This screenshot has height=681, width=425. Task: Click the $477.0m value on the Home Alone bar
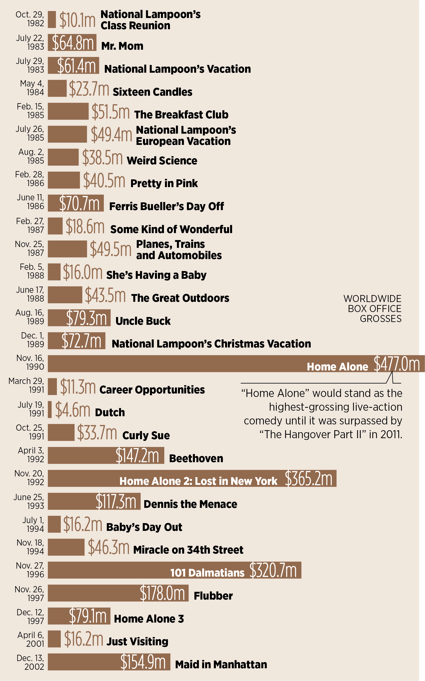pyautogui.click(x=396, y=364)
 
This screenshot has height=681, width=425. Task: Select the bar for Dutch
pyautogui.click(x=50, y=409)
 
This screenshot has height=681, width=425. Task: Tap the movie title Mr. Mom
pyautogui.click(x=122, y=46)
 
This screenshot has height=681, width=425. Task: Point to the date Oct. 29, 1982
pyautogui.click(x=30, y=18)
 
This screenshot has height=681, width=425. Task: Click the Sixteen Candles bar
pyautogui.click(x=57, y=88)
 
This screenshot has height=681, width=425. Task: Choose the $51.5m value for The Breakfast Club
pyautogui.click(x=111, y=112)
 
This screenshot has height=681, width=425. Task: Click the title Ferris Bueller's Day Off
pyautogui.click(x=166, y=206)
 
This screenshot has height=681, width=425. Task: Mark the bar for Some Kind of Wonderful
pyautogui.click(x=55, y=226)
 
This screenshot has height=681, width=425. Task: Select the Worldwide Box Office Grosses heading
pyautogui.click(x=372, y=308)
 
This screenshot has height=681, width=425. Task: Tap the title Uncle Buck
pyautogui.click(x=143, y=321)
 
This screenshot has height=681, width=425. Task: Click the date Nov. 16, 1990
pyautogui.click(x=30, y=362)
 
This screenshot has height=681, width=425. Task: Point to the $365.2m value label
pyautogui.click(x=308, y=478)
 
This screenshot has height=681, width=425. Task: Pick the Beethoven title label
pyautogui.click(x=196, y=458)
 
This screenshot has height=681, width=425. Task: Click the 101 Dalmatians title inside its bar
pyautogui.click(x=207, y=573)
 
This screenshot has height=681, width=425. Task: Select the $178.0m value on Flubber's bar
pyautogui.click(x=162, y=593)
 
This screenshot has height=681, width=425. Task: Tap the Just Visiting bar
pyautogui.click(x=54, y=639)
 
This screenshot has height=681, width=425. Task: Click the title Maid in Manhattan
pyautogui.click(x=221, y=665)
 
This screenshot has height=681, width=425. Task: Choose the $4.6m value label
pyautogui.click(x=73, y=409)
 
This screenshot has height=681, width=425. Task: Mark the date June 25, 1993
pyautogui.click(x=29, y=501)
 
